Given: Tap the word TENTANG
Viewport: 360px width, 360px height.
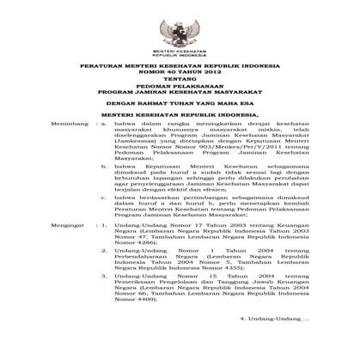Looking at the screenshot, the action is coord(180,85).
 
